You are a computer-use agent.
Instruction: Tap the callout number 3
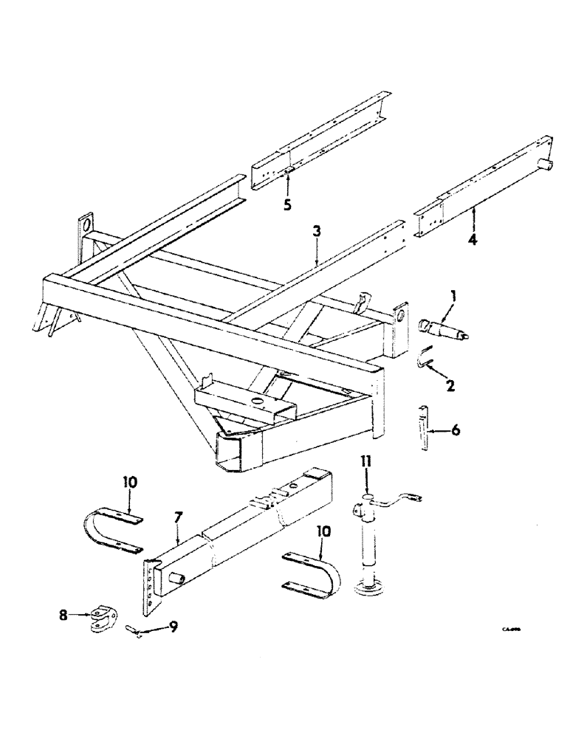point(316,232)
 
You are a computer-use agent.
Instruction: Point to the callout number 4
point(473,239)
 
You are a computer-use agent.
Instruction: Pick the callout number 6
point(456,430)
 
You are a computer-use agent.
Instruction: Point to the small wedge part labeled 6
point(424,427)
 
